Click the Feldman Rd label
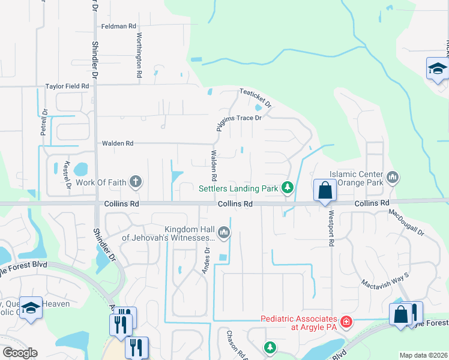click(119, 26)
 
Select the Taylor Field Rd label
click(67, 86)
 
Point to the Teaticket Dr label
click(256, 97)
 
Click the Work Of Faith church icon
click(136, 182)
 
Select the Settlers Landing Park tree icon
click(288, 188)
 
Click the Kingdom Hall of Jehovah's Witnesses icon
click(224, 232)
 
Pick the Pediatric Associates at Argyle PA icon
click(346, 322)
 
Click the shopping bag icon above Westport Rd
click(325, 190)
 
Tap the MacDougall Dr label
click(406, 222)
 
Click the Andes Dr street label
click(207, 259)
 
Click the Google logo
click(19, 353)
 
